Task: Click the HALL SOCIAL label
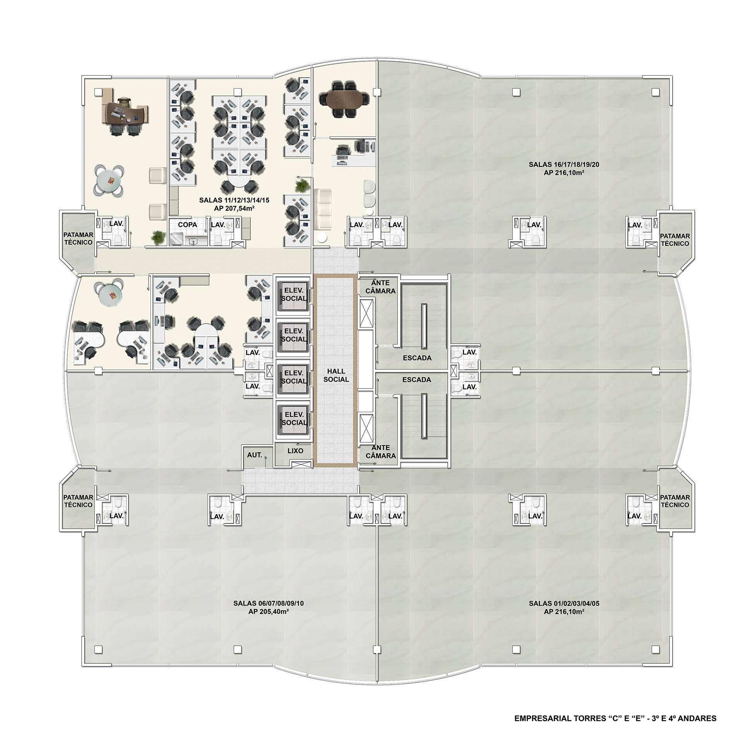tap(336, 375)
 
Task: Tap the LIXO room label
tap(295, 451)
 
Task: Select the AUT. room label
tap(254, 455)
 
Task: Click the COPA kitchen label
tap(187, 224)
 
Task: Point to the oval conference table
tap(344, 99)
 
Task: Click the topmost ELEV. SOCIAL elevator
tap(294, 294)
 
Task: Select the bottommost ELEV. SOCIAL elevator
tap(294, 419)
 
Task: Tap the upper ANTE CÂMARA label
tap(380, 287)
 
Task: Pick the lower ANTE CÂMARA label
tap(381, 452)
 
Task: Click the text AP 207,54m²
tap(234, 209)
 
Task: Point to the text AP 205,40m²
tap(269, 612)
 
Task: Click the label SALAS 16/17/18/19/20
tap(564, 164)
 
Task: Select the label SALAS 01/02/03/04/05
tap(564, 603)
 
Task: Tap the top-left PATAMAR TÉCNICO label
tap(78, 238)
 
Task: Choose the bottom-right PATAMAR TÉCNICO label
tap(675, 501)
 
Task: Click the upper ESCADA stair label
tap(417, 358)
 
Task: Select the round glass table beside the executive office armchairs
tap(109, 180)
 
